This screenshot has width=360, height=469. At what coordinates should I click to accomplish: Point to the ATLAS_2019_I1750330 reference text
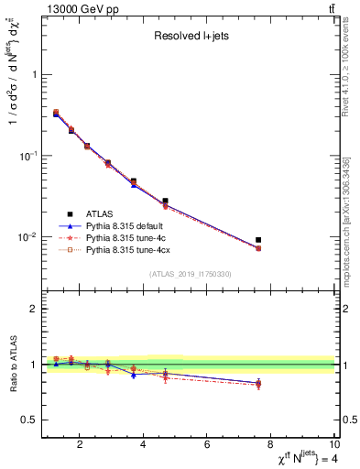190,274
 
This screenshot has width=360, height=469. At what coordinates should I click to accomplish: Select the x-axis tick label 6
207,446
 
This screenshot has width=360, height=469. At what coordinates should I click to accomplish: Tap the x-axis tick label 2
81,446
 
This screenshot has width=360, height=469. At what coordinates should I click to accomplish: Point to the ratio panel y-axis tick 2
34,309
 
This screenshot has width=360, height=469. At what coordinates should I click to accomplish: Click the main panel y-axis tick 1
34,75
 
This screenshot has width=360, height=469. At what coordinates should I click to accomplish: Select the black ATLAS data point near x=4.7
165,201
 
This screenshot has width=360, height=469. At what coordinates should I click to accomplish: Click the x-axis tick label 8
271,446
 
